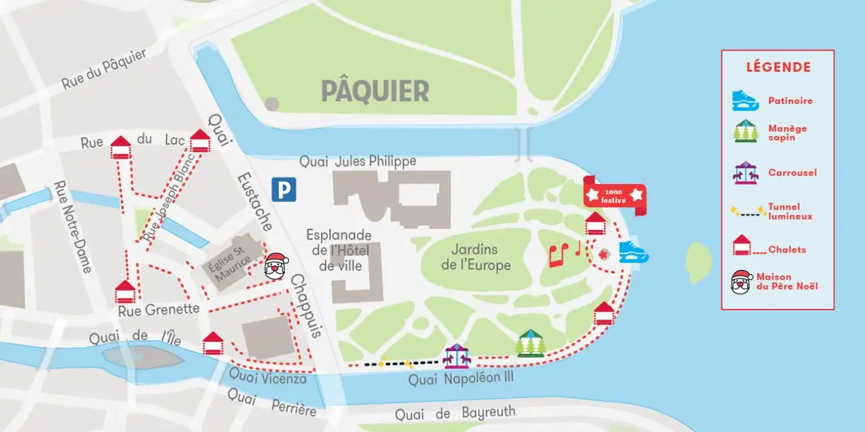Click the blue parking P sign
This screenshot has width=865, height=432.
click(x=283, y=190)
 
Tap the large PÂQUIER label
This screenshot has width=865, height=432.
click(x=375, y=91)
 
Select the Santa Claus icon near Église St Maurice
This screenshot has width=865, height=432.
click(x=275, y=266)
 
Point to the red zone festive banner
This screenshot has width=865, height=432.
click(x=615, y=195)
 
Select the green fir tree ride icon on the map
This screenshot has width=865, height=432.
click(x=530, y=343)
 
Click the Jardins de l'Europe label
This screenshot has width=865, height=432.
click(x=475, y=257)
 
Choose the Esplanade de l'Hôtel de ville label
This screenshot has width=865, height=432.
click(x=339, y=250)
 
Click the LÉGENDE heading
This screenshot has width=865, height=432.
click(x=778, y=67)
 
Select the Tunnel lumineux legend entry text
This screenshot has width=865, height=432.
click(x=790, y=211)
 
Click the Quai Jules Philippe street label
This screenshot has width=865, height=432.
click(x=358, y=162)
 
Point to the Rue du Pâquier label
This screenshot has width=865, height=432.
click(x=103, y=69)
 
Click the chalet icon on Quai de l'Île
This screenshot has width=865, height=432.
click(x=213, y=343)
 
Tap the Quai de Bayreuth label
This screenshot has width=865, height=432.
click(x=455, y=413)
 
